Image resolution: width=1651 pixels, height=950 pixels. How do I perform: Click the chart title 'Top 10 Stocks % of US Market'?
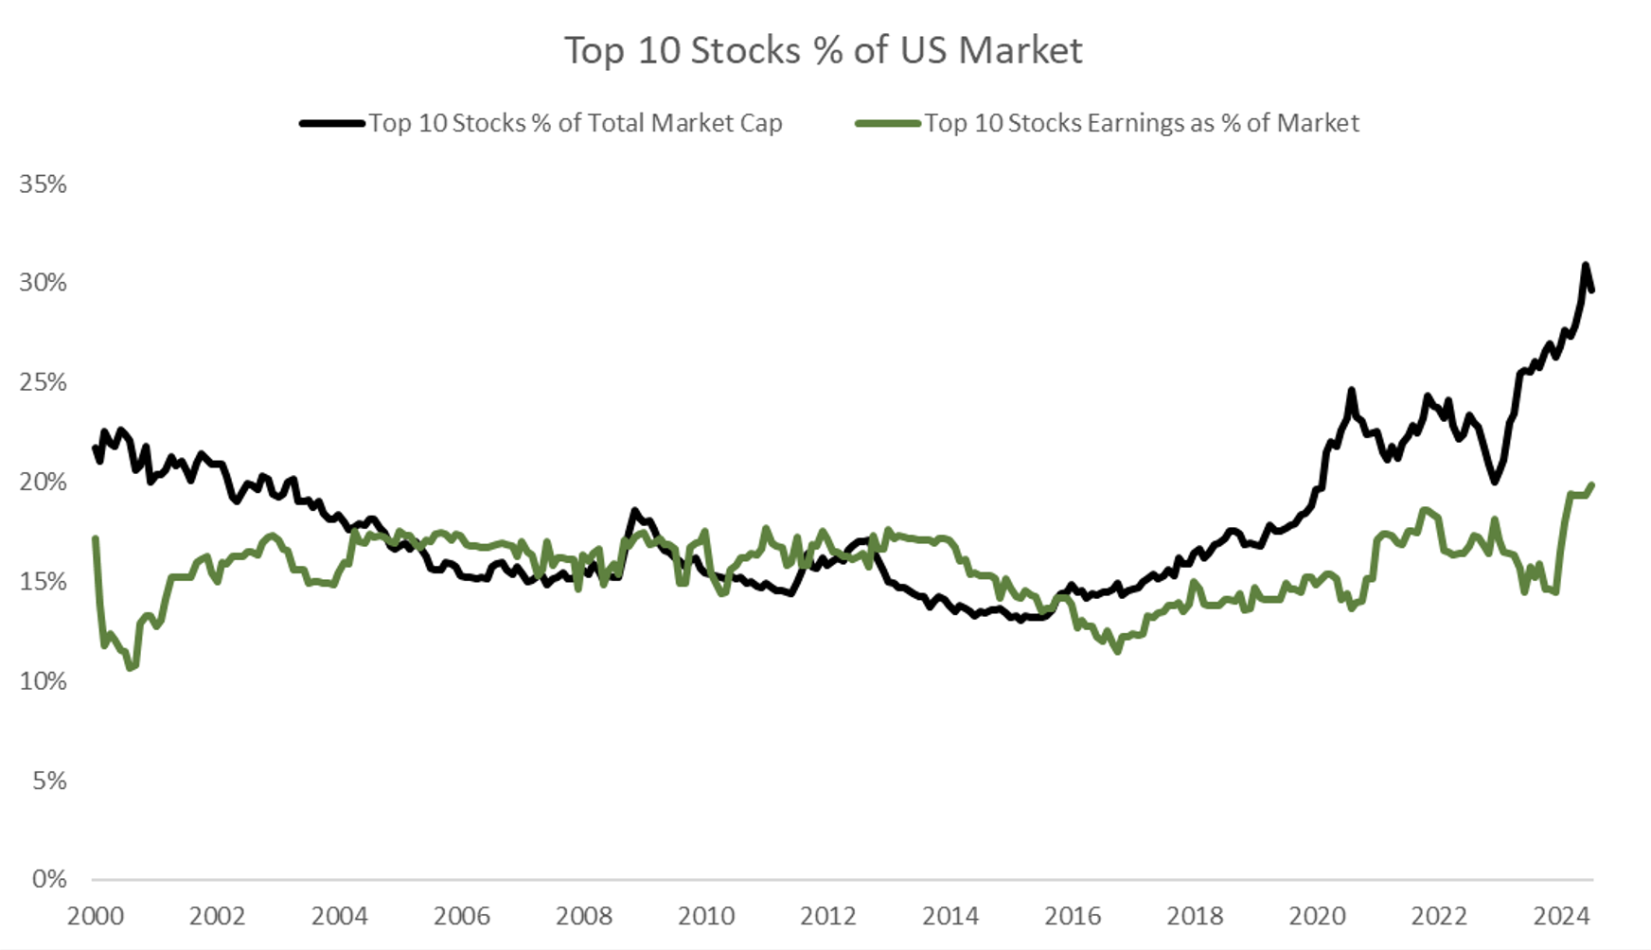[x=824, y=50]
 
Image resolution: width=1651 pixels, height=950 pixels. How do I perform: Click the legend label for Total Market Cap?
[x=575, y=123]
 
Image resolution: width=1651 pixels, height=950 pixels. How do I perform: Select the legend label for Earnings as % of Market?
[x=1141, y=123]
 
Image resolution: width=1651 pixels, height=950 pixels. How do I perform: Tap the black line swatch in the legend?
[x=332, y=123]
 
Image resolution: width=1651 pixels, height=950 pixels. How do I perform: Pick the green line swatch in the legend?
[x=887, y=123]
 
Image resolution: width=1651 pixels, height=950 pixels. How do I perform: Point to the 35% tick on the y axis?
[x=43, y=184]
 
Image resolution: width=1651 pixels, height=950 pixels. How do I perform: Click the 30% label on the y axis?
[x=43, y=283]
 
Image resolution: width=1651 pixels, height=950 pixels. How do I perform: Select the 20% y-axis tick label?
[x=43, y=482]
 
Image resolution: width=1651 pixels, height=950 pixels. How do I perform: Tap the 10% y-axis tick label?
[x=43, y=680]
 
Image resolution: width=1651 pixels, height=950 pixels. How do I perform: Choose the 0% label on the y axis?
[x=48, y=879]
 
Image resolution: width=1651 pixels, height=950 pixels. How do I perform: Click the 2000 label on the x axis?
[x=95, y=916]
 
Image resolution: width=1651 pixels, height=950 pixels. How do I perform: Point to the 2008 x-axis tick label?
[x=584, y=916]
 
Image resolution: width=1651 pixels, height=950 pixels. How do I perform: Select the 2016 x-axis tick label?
[x=1073, y=916]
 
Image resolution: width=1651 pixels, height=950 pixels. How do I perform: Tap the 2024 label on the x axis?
[x=1561, y=916]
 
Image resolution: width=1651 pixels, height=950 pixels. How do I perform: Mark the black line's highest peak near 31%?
[x=1585, y=265]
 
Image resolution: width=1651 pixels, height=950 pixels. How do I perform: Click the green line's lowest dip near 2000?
[x=131, y=668]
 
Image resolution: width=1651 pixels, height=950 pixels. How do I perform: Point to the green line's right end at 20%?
[x=1592, y=485]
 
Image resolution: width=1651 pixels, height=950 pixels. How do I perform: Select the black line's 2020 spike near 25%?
[x=1351, y=390]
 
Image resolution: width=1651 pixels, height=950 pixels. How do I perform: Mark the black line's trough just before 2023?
[x=1495, y=482]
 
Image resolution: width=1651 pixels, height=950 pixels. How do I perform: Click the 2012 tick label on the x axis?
[x=828, y=916]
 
